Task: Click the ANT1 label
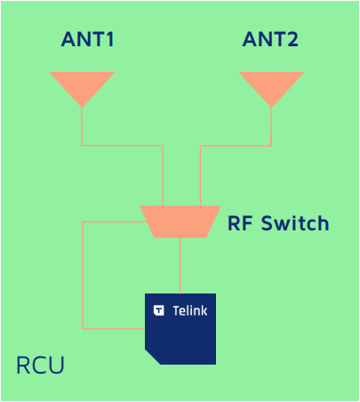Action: pos(88,39)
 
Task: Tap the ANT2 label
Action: pos(270,39)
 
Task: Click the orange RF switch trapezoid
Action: pos(180,221)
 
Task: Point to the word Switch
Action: pos(295,223)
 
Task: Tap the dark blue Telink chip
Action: pos(180,329)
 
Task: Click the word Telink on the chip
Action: pos(190,310)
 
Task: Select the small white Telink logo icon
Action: pos(159,310)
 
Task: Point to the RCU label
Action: pos(40,365)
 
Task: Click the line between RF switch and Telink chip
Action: pos(180,266)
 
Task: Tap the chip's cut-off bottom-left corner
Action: pos(153,357)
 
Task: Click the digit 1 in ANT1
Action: pos(109,39)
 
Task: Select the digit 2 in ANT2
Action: pos(292,39)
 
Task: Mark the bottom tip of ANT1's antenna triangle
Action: pos(82,107)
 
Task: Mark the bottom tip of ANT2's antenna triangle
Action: pos(271,107)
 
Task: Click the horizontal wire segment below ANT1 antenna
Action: pos(123,145)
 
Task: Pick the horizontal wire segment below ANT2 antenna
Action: pos(236,146)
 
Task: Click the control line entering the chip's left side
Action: pos(114,329)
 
